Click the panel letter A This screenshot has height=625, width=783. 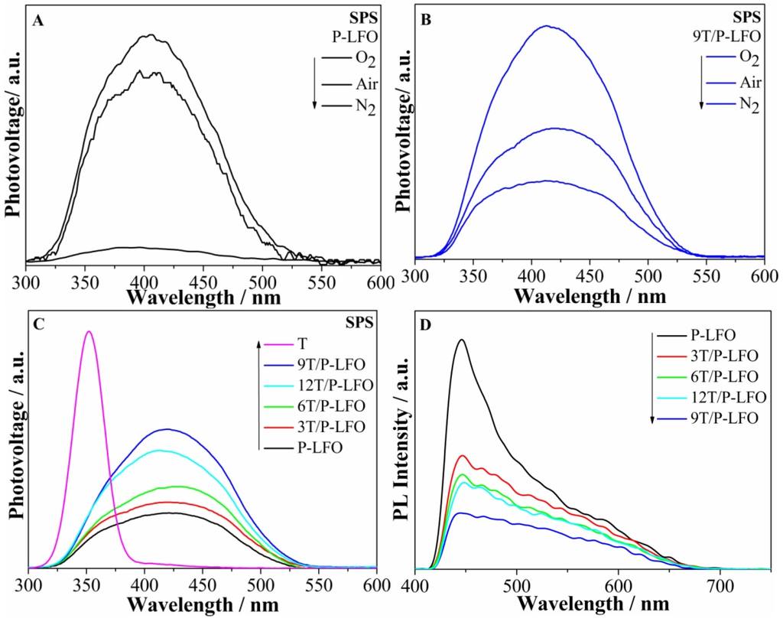tap(37, 22)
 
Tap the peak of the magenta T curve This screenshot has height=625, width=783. tap(89, 332)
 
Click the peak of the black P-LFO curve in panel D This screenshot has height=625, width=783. tap(460, 340)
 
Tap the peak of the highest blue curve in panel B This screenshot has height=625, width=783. tap(546, 26)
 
